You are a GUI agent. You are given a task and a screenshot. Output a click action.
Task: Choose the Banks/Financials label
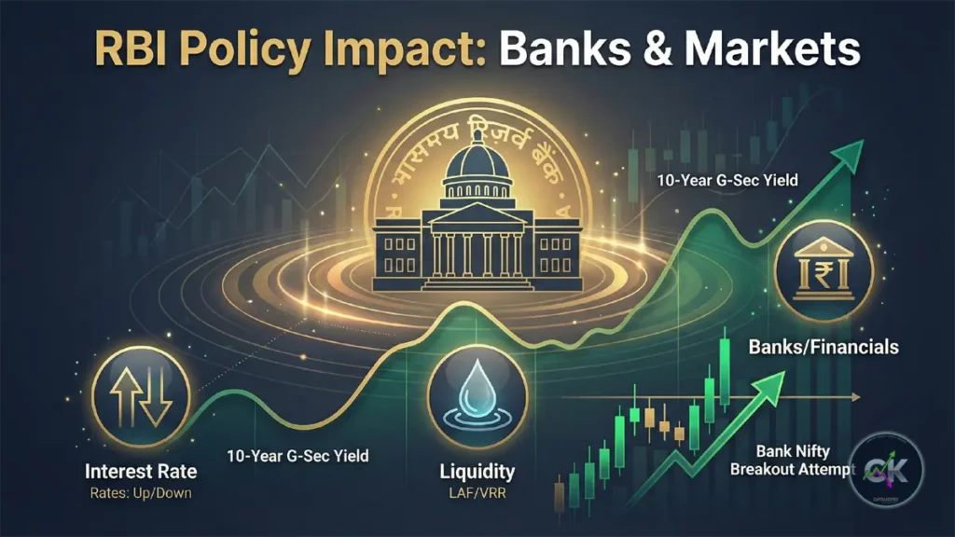[824, 347]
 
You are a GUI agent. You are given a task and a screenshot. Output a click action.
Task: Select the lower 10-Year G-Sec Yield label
[298, 456]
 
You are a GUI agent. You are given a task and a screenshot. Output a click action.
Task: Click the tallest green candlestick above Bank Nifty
[723, 373]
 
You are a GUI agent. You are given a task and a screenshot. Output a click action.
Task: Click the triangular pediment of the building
[477, 212]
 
